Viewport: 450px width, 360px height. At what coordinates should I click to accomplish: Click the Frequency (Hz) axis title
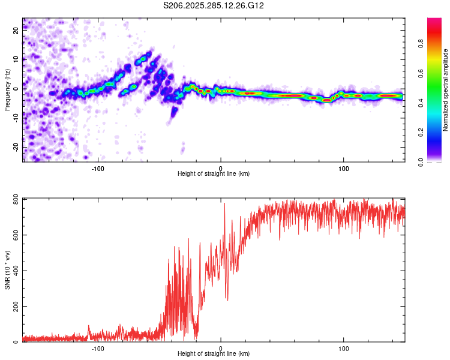click(x=7, y=90)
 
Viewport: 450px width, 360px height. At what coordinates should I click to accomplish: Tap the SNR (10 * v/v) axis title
click(x=7, y=270)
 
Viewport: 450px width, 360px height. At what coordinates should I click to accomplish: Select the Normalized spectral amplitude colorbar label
click(x=446, y=90)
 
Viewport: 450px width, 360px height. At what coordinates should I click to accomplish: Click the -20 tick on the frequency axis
click(x=16, y=146)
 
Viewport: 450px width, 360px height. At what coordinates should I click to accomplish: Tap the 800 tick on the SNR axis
click(x=13, y=199)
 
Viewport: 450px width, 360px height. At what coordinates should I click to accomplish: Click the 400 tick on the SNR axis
click(x=13, y=271)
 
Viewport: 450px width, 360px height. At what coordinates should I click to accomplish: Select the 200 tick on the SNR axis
click(x=13, y=307)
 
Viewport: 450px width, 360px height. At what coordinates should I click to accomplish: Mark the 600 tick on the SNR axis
click(x=13, y=235)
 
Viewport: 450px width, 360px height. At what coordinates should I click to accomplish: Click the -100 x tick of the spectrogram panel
click(x=98, y=169)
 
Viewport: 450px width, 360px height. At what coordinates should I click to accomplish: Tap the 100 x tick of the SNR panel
click(x=344, y=349)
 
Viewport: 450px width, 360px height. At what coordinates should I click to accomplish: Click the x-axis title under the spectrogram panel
click(x=214, y=174)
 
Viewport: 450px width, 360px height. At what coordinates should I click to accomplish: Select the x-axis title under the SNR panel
click(x=214, y=354)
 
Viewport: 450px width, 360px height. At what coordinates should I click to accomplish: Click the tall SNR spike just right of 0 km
click(x=225, y=204)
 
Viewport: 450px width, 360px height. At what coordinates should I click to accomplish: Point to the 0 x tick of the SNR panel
click(x=221, y=349)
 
